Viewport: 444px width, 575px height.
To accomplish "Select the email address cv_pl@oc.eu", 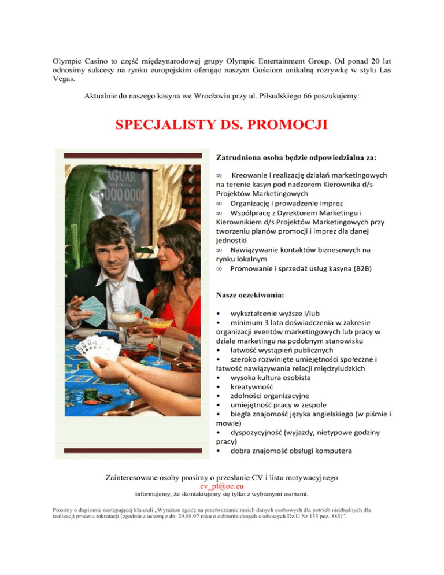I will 222,487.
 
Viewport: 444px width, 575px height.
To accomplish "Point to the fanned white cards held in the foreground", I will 98,350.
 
